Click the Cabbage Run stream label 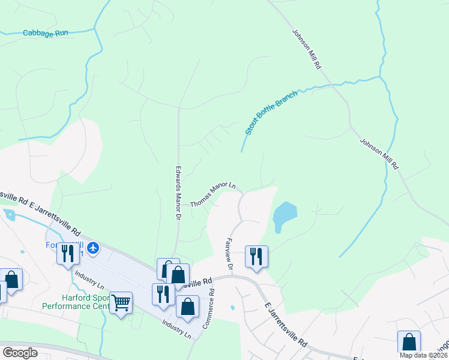(x=45, y=34)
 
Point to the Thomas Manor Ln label (x=212, y=196)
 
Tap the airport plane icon (x=93, y=247)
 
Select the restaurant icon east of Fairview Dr (x=256, y=256)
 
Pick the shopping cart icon (x=121, y=303)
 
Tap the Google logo (x=20, y=353)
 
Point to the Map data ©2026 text (x=423, y=355)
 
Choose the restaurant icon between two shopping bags (x=163, y=294)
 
